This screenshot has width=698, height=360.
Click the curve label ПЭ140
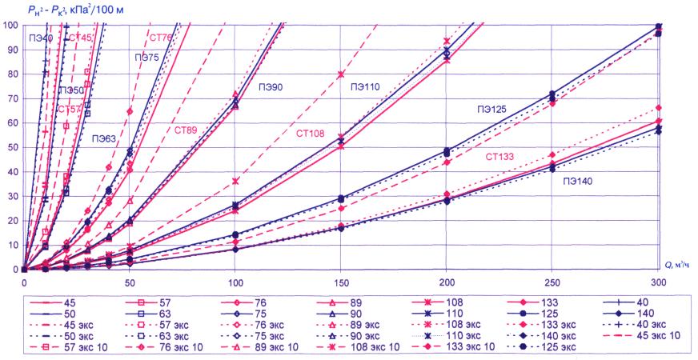pos(578,182)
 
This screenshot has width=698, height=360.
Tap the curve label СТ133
pos(503,156)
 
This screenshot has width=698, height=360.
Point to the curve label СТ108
pos(309,134)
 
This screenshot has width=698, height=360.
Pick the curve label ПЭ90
pos(269,86)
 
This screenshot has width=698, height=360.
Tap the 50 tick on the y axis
pos(11,147)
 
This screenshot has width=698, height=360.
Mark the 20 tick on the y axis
pos(11,221)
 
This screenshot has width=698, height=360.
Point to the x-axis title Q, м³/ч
pos(677,263)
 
